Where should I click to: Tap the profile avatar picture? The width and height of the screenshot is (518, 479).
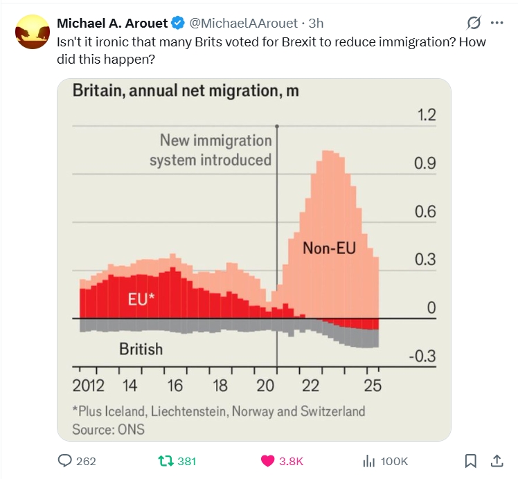point(31,33)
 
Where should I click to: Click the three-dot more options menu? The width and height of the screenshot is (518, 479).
point(497,23)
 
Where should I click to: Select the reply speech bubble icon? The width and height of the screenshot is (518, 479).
point(65,460)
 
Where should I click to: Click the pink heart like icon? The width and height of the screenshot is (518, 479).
point(267,460)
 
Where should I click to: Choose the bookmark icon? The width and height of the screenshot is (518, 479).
point(470,460)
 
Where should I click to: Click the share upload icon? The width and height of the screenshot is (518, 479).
point(497,460)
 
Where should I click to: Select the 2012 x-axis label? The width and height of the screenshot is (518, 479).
point(88,386)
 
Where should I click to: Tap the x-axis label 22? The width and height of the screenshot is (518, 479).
point(310,386)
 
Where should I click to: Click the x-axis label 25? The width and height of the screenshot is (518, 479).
point(373,386)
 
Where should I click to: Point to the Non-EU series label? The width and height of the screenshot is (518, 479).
point(329,247)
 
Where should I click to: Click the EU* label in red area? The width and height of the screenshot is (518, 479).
point(142,300)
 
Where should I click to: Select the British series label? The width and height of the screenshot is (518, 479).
point(141,349)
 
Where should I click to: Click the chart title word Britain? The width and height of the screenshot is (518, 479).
point(98,91)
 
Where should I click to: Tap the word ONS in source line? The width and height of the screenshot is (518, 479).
point(130,429)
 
